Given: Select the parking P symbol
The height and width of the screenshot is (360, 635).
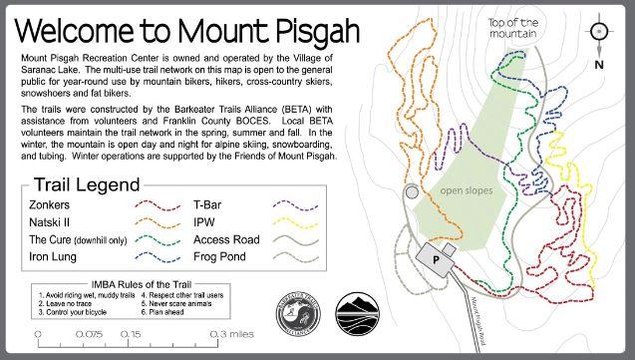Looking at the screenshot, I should click(436, 258).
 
